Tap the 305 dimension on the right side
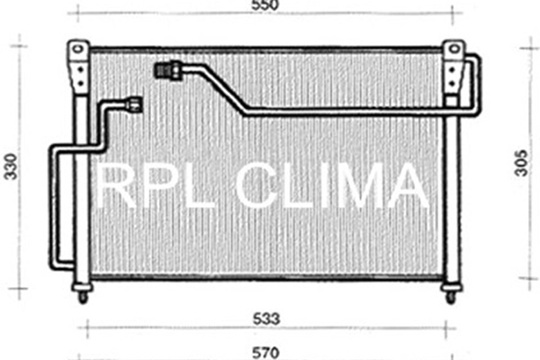[x=523, y=161]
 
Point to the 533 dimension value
[x=267, y=319]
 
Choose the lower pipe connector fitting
[x=135, y=104]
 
